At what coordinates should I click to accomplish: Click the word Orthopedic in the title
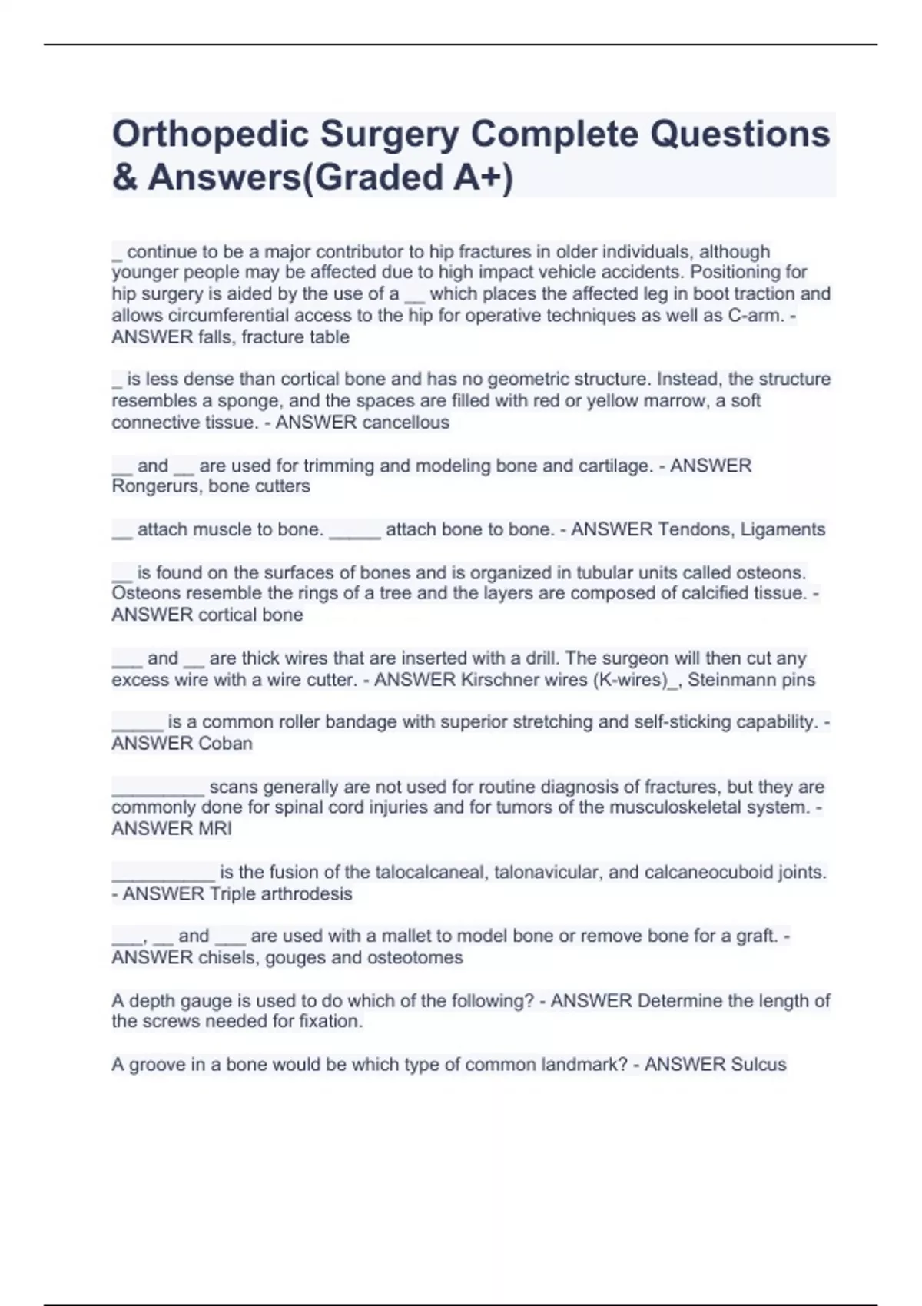[x=210, y=134]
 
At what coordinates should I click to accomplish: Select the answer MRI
[x=214, y=829]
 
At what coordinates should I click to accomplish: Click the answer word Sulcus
[x=758, y=1065]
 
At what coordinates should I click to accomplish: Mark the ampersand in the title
[x=124, y=177]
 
